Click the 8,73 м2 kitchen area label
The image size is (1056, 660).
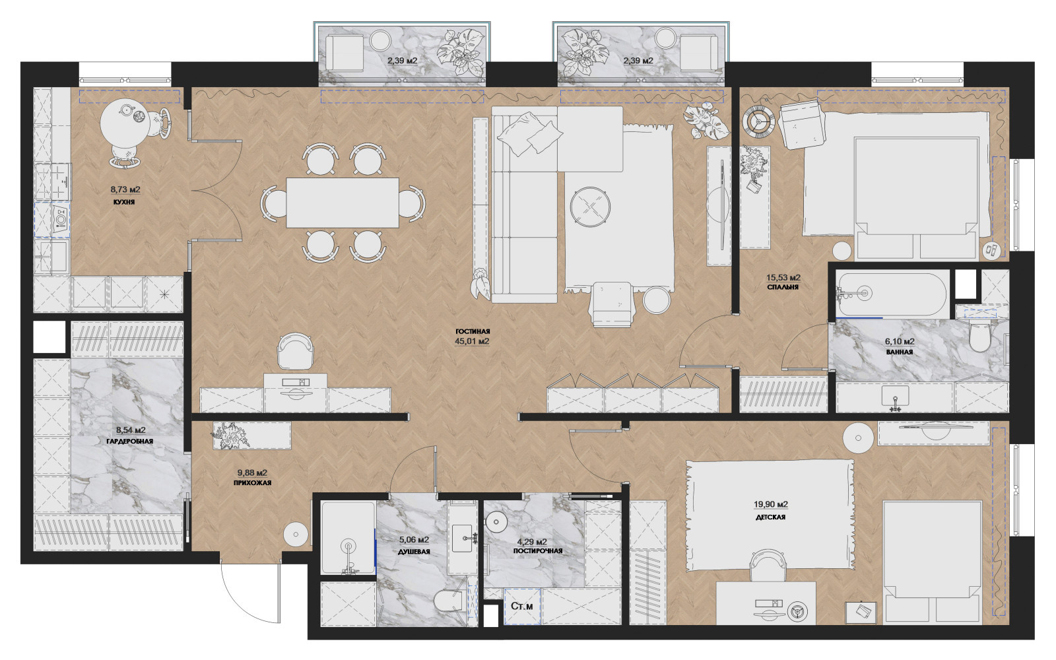(125, 189)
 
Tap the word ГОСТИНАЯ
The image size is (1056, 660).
(473, 331)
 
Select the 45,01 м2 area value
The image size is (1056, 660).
(472, 341)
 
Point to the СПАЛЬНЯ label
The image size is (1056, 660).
(783, 286)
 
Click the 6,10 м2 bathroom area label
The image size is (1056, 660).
(900, 342)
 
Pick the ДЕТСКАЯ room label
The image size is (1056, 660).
(770, 517)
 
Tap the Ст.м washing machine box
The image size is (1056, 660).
(522, 607)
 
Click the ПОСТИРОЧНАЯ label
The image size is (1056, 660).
(537, 550)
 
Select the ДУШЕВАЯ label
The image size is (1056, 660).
(414, 552)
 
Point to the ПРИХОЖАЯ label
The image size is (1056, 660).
(252, 482)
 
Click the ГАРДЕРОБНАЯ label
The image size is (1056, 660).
(129, 442)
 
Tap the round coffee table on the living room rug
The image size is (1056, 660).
(590, 207)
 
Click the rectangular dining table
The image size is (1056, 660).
(343, 203)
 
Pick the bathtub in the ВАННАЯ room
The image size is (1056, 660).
(891, 294)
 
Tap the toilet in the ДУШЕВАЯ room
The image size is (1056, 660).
(448, 603)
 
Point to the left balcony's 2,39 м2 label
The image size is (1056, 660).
(402, 61)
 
